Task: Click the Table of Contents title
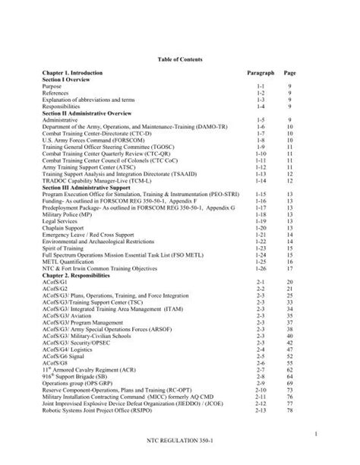(x=180, y=58)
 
